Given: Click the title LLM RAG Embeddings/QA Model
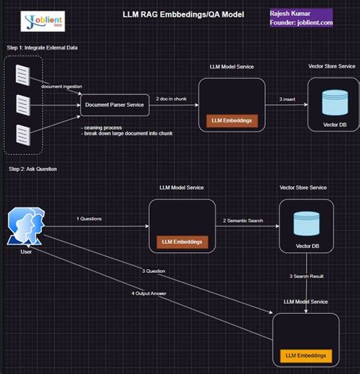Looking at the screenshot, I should coord(183,14).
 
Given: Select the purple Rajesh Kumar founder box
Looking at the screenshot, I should coord(300,17).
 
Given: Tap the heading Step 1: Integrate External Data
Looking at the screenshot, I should coord(43,48).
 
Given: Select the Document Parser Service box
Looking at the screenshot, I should coord(115,106).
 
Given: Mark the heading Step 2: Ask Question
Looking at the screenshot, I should coord(33,168).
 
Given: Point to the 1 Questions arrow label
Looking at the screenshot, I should coord(88,219).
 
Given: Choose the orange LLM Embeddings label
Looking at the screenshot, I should coord(307,355).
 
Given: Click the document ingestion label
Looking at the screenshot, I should coord(61,87).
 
